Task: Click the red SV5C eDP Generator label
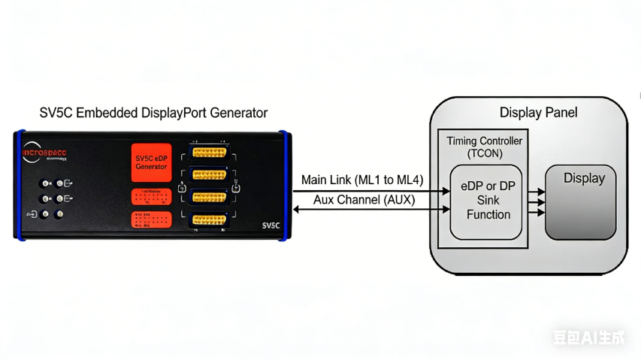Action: (151, 162)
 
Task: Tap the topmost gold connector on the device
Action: (210, 152)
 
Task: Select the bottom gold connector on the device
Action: (210, 220)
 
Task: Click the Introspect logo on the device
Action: (44, 152)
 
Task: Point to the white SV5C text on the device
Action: (271, 224)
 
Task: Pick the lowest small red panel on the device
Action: (151, 220)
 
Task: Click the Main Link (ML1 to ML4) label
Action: (362, 180)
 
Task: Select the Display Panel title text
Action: (538, 113)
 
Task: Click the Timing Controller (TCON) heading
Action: (484, 147)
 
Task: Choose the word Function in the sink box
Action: (488, 214)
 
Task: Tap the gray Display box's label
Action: (584, 179)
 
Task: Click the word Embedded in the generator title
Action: (110, 113)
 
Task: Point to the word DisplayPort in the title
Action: (174, 113)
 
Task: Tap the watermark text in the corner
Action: (589, 337)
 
